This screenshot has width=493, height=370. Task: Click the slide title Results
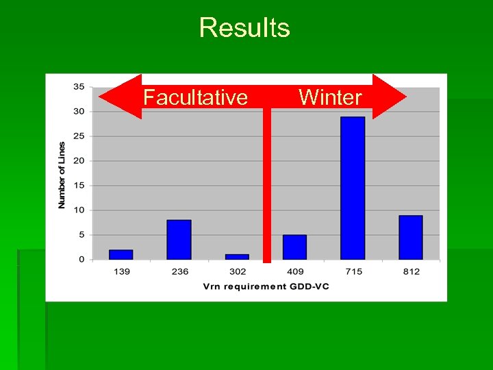[244, 28]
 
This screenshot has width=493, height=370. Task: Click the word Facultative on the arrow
[195, 97]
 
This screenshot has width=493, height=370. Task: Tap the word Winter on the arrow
[330, 97]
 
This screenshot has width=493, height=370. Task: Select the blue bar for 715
[353, 188]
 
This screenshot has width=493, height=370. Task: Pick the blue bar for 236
[179, 239]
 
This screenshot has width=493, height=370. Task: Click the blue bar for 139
[121, 254]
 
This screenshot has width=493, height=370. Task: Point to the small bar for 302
[237, 257]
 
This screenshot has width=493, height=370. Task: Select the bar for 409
[294, 247]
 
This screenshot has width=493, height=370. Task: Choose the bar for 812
[410, 237]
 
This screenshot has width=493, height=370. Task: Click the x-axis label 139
[121, 271]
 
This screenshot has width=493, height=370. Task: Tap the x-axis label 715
[353, 271]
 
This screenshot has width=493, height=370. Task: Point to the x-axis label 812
[411, 271]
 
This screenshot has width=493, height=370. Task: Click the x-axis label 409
[294, 271]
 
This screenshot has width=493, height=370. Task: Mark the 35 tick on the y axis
[79, 87]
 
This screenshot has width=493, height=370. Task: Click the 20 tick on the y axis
[79, 161]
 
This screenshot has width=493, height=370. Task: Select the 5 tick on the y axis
[81, 235]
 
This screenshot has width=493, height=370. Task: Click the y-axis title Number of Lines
[62, 175]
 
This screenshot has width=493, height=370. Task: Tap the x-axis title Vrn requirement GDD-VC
[266, 286]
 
